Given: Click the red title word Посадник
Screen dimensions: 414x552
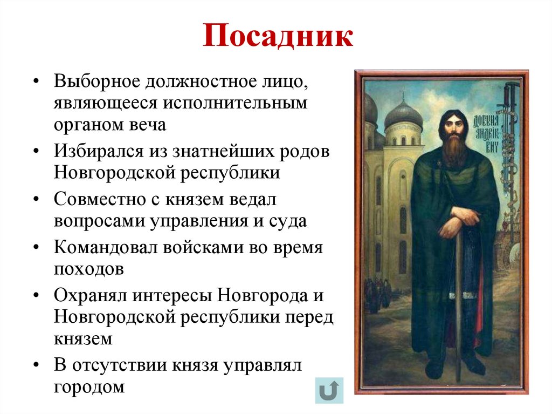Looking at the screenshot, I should [278, 37].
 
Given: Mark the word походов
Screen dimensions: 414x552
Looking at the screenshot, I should [88, 269].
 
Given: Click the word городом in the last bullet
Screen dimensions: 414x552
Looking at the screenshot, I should [89, 386].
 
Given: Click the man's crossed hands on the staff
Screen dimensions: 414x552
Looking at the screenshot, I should [458, 222].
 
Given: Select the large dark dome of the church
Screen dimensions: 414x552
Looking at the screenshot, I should [404, 114].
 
